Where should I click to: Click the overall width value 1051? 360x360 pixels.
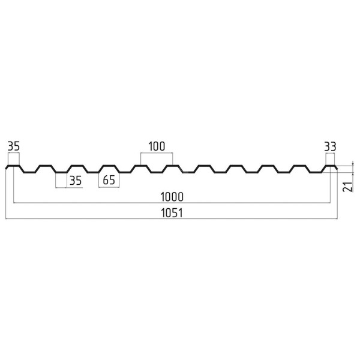coord(172,213)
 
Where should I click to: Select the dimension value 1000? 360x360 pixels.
coord(172,197)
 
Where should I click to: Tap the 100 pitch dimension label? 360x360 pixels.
coord(157,146)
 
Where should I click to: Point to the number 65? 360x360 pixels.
coord(109,180)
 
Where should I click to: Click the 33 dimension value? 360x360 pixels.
coord(330,146)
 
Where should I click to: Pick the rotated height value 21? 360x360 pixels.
coord(347,187)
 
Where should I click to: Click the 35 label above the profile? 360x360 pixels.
coord(14,146)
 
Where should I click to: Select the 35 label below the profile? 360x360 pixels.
coord(76,181)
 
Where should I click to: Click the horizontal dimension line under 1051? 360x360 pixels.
coord(172,219)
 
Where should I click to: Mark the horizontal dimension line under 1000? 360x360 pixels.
coord(172,203)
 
